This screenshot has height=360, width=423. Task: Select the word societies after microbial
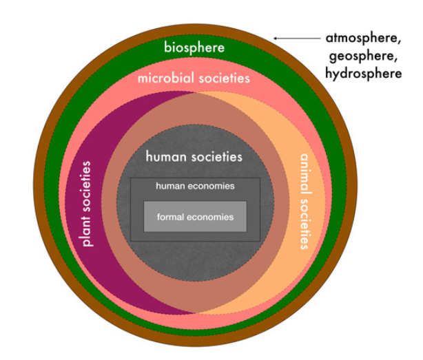click(224, 78)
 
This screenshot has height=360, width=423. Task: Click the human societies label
click(194, 156)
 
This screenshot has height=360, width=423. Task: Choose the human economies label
click(195, 186)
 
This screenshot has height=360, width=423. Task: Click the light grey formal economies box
click(195, 217)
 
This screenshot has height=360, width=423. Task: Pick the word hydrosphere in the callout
click(363, 72)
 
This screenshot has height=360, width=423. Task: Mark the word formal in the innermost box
click(172, 218)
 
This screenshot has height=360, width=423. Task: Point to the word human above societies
click(165, 156)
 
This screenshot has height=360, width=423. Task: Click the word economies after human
click(210, 186)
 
